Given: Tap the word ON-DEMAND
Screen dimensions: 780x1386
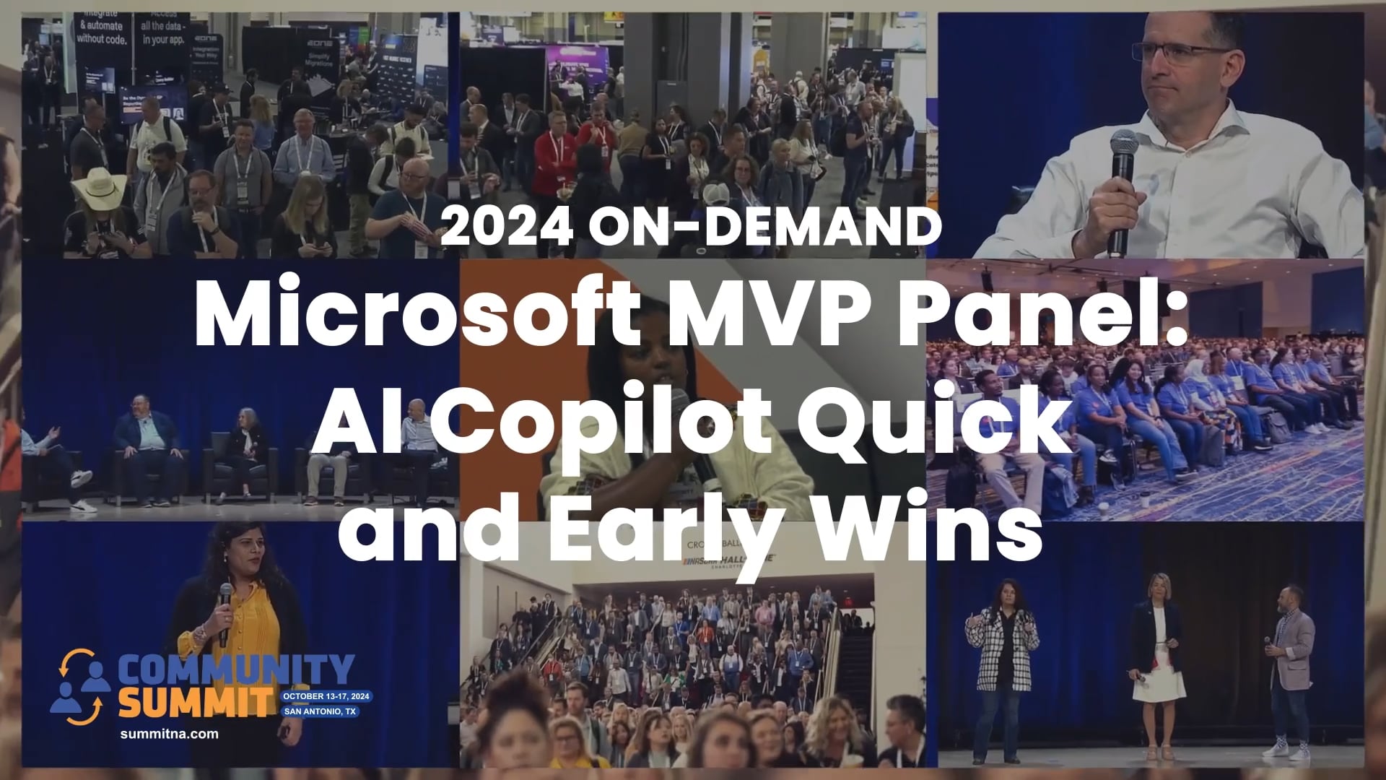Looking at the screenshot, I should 765,227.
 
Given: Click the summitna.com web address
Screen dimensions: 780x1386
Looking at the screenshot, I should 169,734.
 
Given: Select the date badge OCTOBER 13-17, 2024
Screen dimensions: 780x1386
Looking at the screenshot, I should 326,696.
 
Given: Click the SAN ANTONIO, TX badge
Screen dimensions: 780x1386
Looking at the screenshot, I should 320,711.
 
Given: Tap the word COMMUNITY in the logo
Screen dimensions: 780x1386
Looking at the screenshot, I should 235,671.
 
